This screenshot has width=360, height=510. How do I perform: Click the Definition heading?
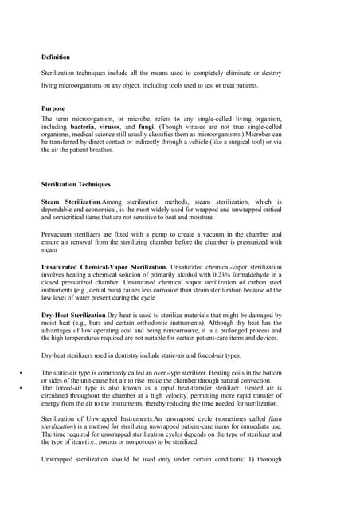pyautogui.click(x=55, y=57)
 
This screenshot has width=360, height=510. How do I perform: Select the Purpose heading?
pyautogui.click(x=53, y=107)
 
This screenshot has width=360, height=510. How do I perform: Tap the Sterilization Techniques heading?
pyautogui.click(x=77, y=184)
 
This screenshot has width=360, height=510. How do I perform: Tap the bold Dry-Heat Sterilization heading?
pyautogui.click(x=73, y=316)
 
